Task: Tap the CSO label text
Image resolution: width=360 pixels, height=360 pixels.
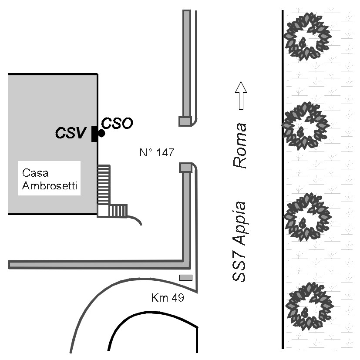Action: pyautogui.click(x=117, y=123)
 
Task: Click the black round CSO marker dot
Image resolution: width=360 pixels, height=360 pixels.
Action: pyautogui.click(x=101, y=133)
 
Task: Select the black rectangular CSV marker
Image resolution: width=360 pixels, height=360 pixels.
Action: pyautogui.click(x=94, y=134)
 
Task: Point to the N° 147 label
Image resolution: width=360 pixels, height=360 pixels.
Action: pyautogui.click(x=157, y=153)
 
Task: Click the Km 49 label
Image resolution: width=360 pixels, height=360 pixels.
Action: pyautogui.click(x=168, y=298)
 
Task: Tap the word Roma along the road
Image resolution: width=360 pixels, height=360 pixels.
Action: pyautogui.click(x=240, y=145)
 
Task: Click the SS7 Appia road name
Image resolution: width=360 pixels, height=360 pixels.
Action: pyautogui.click(x=240, y=242)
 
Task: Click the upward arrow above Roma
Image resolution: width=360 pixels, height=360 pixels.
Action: pyautogui.click(x=241, y=96)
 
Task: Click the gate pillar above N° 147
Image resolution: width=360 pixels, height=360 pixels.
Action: pyautogui.click(x=185, y=121)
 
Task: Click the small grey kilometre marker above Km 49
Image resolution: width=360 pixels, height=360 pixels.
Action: pyautogui.click(x=186, y=278)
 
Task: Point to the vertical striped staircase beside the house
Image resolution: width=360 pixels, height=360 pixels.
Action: pyautogui.click(x=104, y=185)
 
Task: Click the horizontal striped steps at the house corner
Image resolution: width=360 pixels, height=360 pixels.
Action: pyautogui.click(x=118, y=211)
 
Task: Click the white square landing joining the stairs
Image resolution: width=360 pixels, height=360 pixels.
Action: pyautogui.click(x=103, y=211)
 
